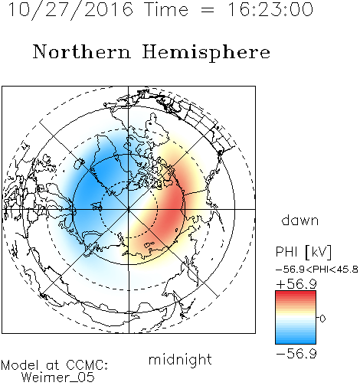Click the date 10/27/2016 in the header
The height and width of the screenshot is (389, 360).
pos(70,10)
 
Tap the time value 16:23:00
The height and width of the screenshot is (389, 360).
pos(270,9)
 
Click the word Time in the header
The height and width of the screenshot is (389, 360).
pos(166,9)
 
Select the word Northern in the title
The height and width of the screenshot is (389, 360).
pos(82,51)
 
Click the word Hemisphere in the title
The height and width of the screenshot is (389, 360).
pos(206,53)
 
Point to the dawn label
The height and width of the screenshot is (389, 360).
pos(300,221)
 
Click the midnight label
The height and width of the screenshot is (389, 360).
pos(180,359)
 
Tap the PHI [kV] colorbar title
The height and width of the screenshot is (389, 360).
pos(303,252)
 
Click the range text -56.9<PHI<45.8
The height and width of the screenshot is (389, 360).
pos(317,270)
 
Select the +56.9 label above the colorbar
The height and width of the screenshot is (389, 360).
pos(296,284)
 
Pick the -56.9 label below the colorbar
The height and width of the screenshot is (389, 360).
pos(296,354)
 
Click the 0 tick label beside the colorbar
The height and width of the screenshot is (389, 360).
pos(322,319)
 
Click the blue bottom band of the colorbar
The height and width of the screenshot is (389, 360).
pos(296,340)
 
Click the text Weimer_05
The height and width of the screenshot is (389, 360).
pos(58,378)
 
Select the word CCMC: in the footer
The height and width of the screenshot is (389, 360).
pos(87,365)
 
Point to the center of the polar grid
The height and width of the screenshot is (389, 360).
pos(129,209)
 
